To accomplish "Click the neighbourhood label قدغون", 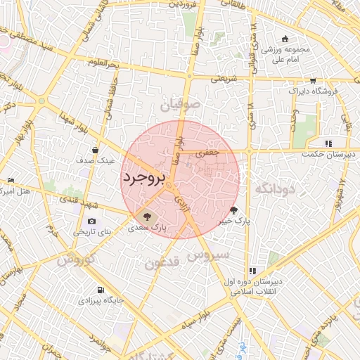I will click(x=163, y=264).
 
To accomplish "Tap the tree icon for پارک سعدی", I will click(x=147, y=216).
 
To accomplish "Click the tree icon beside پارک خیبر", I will click(x=234, y=210).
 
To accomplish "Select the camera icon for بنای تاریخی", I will click(x=92, y=222).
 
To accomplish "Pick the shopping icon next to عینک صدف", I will click(x=96, y=149).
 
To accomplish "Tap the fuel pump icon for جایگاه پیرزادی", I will click(x=102, y=290).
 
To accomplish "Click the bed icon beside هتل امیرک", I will click(x=8, y=181).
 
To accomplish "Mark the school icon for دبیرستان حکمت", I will click(x=328, y=143).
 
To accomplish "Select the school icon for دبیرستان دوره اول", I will click(x=252, y=271).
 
